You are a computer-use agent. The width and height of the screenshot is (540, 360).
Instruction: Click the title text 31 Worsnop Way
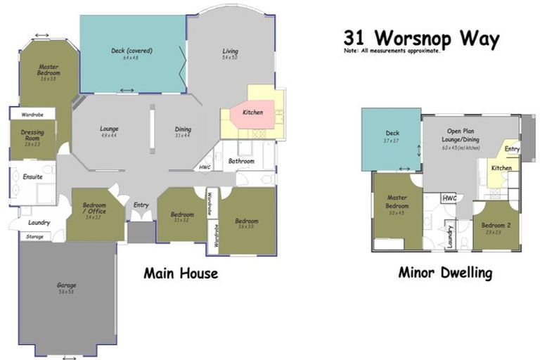point(421,38)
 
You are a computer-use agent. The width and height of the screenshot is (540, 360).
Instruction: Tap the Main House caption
point(181,273)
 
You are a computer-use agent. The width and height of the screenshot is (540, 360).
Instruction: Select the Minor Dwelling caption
point(445,273)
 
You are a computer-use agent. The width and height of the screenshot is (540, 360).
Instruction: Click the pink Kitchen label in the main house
point(252,112)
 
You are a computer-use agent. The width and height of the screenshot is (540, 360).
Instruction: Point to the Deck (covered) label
point(131,51)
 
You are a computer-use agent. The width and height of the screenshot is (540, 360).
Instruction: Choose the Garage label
point(67,285)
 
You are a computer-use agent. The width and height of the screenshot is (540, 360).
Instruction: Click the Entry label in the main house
point(141,205)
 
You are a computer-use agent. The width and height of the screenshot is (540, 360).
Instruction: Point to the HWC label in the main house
point(205,167)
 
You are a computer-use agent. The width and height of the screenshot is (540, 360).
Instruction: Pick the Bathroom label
point(241,162)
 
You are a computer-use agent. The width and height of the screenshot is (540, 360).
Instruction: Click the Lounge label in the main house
point(109,129)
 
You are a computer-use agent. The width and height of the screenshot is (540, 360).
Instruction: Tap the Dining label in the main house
point(183,129)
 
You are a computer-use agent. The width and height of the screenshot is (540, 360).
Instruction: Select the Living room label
point(230,51)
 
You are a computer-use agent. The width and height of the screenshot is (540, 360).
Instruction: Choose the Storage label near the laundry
point(35,237)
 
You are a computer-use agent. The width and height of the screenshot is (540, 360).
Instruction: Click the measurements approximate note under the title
point(393,51)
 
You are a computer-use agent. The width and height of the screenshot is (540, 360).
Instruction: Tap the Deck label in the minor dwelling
point(392,134)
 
